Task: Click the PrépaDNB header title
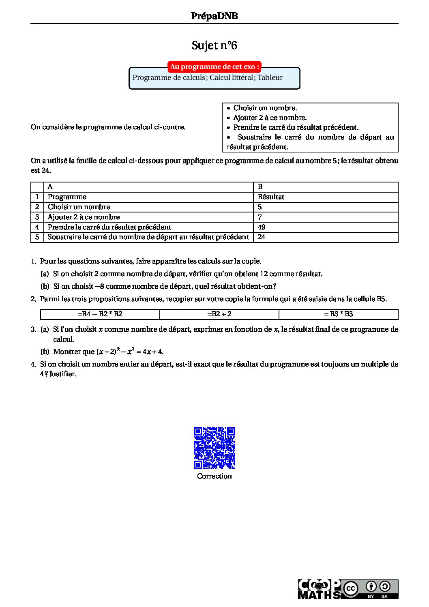(x=214, y=16)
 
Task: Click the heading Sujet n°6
(x=214, y=45)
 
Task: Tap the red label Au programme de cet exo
(x=214, y=66)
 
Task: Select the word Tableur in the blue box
(x=270, y=77)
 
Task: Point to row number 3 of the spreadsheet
(x=37, y=217)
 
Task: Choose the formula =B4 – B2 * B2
(x=100, y=314)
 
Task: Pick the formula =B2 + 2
(x=219, y=314)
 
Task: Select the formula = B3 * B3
(x=338, y=314)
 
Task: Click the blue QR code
(x=214, y=447)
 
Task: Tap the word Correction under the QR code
(x=214, y=476)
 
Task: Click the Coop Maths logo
(x=319, y=589)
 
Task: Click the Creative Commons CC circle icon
(x=350, y=588)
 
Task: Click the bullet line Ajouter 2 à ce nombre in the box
(x=270, y=118)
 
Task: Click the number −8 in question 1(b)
(x=100, y=286)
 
